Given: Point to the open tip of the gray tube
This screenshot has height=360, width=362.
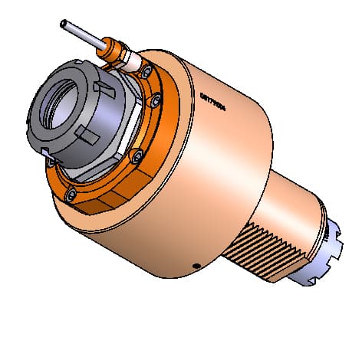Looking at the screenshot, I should pyautogui.click(x=61, y=23).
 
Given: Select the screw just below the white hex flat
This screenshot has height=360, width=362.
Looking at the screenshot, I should pyautogui.click(x=136, y=156).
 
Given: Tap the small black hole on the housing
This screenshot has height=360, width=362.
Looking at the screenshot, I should pyautogui.click(x=197, y=266).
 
